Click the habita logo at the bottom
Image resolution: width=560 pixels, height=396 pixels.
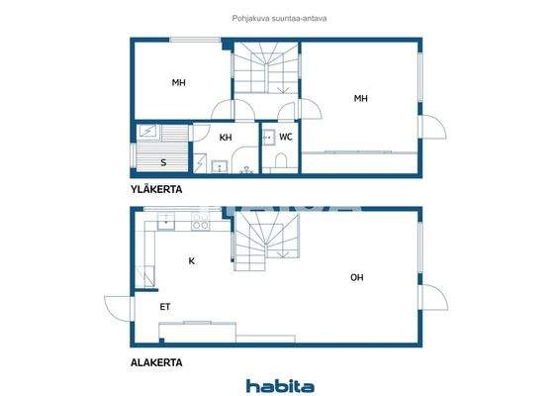[280, 385]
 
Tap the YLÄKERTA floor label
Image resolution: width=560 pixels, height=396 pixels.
[156, 188]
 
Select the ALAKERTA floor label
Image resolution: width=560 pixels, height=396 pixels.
[156, 362]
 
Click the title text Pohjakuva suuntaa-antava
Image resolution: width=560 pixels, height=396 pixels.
[280, 17]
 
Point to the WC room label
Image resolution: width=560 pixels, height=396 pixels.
[285, 137]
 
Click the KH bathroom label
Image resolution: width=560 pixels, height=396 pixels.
[226, 138]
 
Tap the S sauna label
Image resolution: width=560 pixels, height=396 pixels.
[162, 161]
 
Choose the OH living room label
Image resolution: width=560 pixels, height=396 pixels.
[356, 277]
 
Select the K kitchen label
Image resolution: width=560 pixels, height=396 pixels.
[191, 260]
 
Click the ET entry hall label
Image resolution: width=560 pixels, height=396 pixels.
[165, 307]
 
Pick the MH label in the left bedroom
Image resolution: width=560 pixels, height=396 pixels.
[178, 82]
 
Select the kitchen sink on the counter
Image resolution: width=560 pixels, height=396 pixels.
[162, 224]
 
